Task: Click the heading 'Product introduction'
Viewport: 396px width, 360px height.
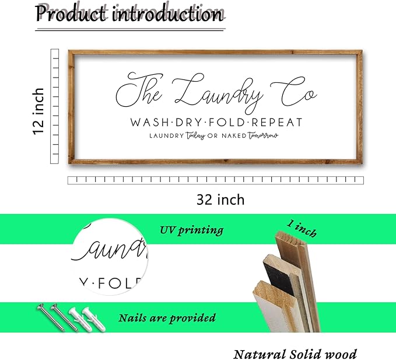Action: coord(129,14)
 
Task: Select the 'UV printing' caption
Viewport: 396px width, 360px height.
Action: coord(192,230)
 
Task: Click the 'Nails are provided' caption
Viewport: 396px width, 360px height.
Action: coord(167,318)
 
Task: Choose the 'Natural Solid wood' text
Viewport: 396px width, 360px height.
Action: coord(295,354)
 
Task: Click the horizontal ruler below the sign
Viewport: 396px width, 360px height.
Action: coord(215,181)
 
